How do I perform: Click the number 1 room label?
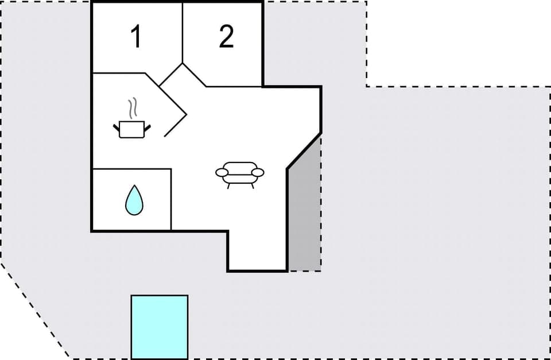tap(135, 37)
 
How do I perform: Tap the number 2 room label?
tap(227, 37)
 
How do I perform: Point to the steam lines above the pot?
tap(133, 107)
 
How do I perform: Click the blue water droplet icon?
tap(134, 200)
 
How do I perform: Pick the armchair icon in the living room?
tap(240, 173)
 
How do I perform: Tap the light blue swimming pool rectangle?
tap(160, 327)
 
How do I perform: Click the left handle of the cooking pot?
tap(117, 125)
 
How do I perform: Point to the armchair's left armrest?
tap(222, 172)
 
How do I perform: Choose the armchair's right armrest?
tap(258, 172)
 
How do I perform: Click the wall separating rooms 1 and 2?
tap(183, 32)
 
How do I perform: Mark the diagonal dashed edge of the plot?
tap(34, 310)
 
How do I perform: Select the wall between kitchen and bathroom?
tap(131, 169)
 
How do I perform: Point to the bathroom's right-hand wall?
tap(171, 199)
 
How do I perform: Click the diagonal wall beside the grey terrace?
tap(304, 151)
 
